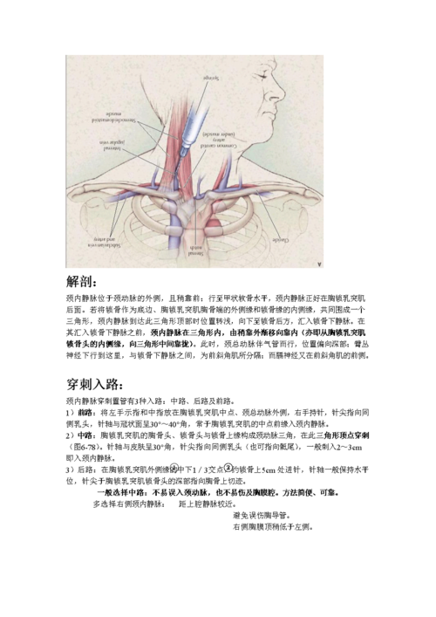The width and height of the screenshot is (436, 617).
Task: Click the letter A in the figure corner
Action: point(318,262)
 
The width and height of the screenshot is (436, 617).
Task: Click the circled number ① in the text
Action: point(174,468)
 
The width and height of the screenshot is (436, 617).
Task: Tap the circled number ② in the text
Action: point(229,468)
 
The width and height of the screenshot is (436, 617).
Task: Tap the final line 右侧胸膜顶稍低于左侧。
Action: point(272,527)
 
